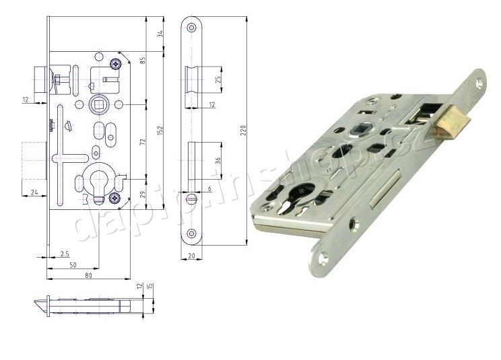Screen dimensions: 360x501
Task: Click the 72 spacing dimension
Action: pos(143,142)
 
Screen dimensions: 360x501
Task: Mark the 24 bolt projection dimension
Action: pos(34,192)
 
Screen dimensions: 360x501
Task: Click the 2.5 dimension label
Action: pos(65,253)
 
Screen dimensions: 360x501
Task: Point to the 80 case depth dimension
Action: pos(89,275)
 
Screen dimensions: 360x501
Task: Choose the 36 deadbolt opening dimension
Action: pos(218,160)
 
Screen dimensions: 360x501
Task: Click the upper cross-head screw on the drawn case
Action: pos(117,63)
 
